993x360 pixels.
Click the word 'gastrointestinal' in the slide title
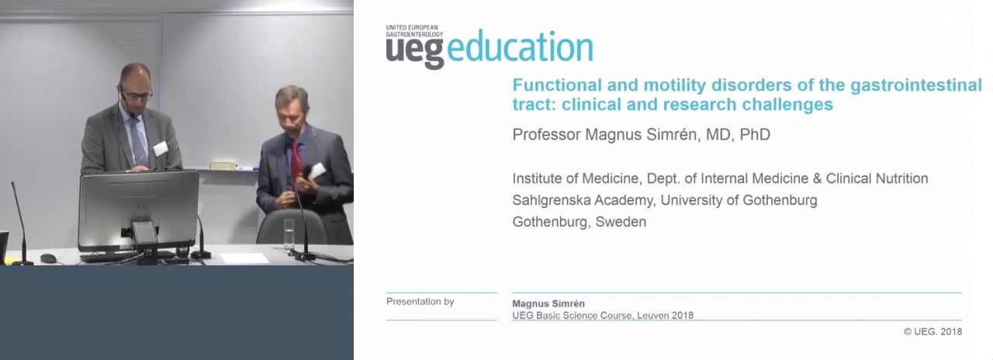(x=916, y=85)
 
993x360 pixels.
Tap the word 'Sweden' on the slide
(x=621, y=222)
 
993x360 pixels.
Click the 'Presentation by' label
(x=420, y=302)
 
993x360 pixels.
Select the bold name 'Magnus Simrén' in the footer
(x=548, y=303)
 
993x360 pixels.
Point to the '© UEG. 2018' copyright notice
(x=932, y=331)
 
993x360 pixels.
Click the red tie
(x=296, y=162)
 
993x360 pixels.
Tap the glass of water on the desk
(x=289, y=234)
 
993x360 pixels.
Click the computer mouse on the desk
(x=48, y=258)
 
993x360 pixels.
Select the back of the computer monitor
(x=139, y=210)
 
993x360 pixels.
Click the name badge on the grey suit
(x=160, y=148)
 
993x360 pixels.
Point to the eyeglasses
(x=137, y=94)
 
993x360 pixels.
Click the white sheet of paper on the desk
(x=244, y=258)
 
